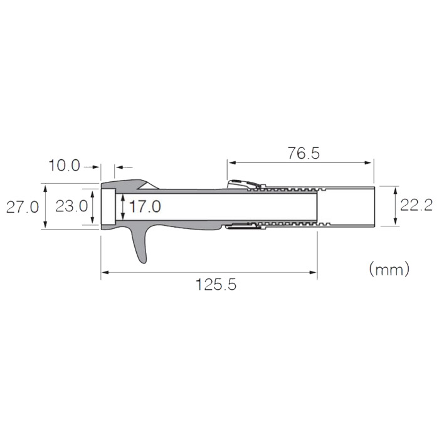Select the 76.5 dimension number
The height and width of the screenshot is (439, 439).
coord(304,153)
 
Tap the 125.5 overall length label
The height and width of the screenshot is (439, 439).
coord(216,285)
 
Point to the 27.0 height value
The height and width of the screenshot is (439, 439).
coord(23,208)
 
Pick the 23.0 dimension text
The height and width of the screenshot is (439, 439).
coord(71,206)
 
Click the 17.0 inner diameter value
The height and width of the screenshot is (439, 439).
coord(145,206)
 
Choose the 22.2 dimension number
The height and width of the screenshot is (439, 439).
coord(416,205)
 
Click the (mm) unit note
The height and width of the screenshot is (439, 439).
coord(389,269)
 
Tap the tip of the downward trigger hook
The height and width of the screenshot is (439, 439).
coord(143,263)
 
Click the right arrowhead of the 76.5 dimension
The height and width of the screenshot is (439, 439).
coord(368,162)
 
